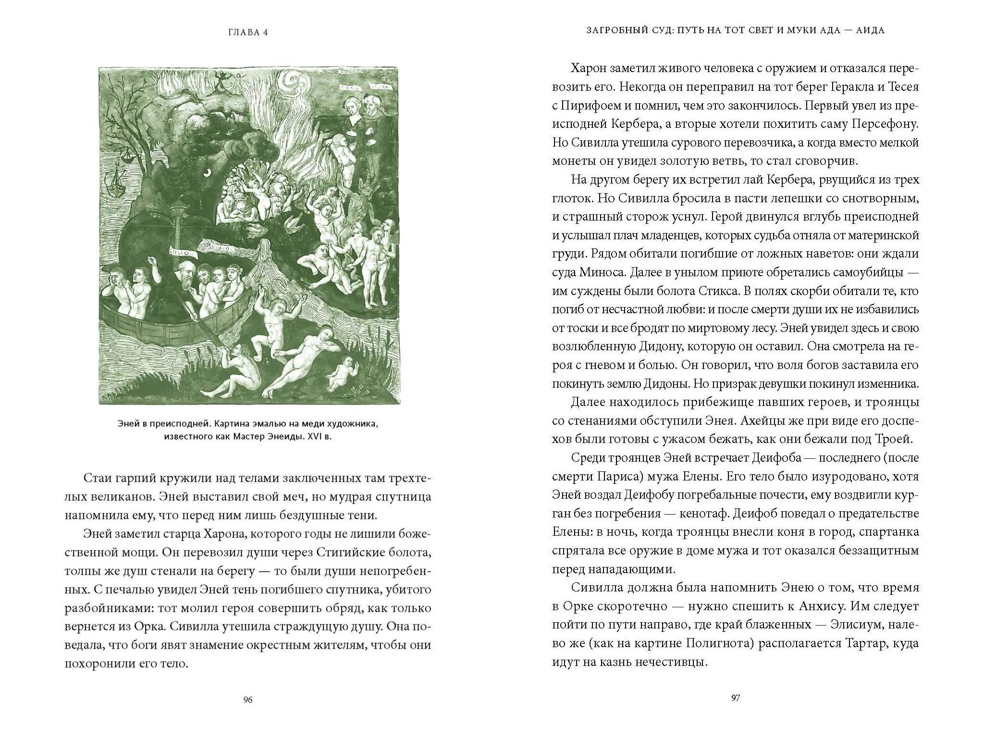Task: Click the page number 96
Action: click(248, 700)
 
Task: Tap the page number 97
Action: click(735, 698)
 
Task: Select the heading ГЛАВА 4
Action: click(248, 33)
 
